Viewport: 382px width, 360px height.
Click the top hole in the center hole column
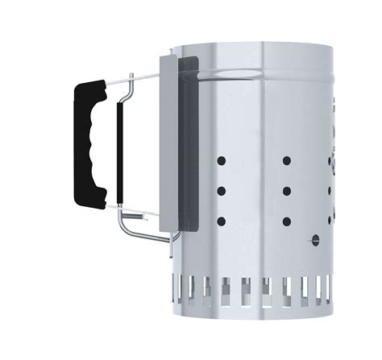click(286, 161)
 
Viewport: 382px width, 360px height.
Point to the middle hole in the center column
click(286, 191)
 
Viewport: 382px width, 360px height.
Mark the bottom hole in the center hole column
click(286, 221)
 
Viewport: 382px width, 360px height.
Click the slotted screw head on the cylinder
click(315, 239)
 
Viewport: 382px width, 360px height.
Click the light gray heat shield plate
click(168, 145)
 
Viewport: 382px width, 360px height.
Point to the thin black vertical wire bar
click(119, 153)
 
